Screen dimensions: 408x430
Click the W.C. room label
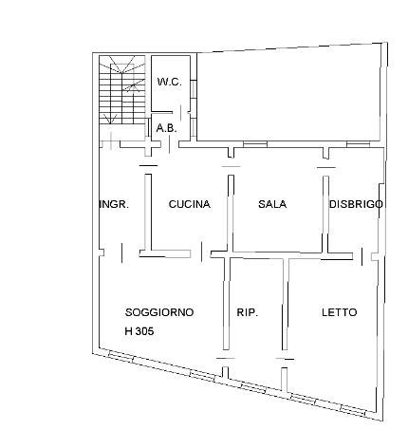click(170, 83)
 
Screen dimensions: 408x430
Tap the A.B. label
click(166, 128)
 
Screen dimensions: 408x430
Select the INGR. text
click(114, 204)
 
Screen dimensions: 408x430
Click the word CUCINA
click(190, 204)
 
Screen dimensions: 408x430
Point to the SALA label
click(272, 204)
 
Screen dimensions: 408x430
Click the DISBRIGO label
click(356, 204)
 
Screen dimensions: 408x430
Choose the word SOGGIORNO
click(159, 312)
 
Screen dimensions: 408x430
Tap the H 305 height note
click(139, 331)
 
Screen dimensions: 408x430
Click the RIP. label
click(248, 312)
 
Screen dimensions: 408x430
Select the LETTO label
click(340, 312)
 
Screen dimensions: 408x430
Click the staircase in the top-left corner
click(122, 90)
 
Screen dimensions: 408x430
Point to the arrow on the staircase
click(134, 85)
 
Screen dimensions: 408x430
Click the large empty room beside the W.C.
click(288, 95)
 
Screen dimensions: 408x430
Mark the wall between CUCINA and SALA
click(232, 213)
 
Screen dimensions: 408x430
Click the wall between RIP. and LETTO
click(286, 305)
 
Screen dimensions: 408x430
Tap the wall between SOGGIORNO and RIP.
click(227, 304)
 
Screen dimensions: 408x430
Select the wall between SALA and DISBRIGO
click(325, 215)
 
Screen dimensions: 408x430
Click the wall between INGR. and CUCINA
click(148, 212)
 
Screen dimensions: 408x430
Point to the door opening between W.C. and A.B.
click(180, 112)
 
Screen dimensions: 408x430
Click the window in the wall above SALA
click(255, 144)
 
